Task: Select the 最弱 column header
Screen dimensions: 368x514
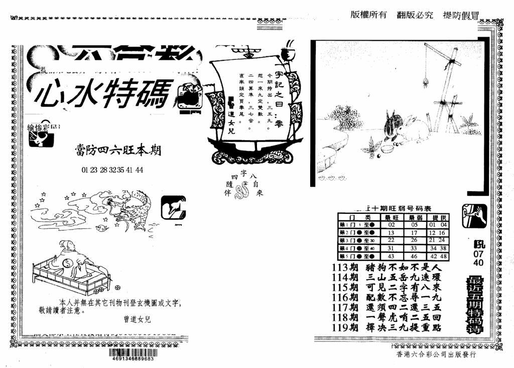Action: (415, 217)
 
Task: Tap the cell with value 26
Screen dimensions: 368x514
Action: (415, 240)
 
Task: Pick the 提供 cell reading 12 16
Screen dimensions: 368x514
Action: (438, 232)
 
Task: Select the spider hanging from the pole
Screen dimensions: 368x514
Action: (427, 80)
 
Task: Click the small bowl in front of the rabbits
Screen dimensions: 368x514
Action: (387, 149)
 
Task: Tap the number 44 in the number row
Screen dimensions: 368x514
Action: (139, 170)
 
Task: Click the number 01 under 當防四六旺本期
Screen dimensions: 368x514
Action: (85, 170)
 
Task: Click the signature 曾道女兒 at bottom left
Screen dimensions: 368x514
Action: (137, 319)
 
